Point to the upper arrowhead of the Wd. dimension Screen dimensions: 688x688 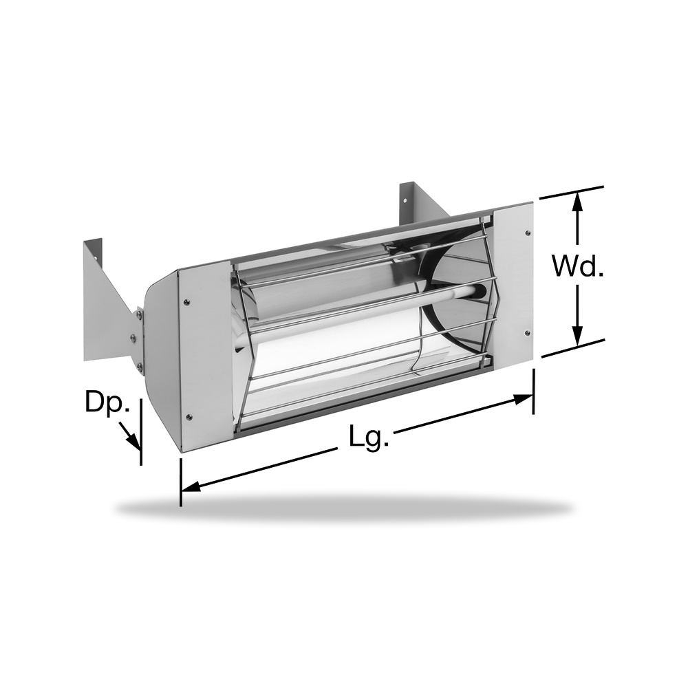point(578,203)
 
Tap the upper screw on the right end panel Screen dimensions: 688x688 point(527,233)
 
